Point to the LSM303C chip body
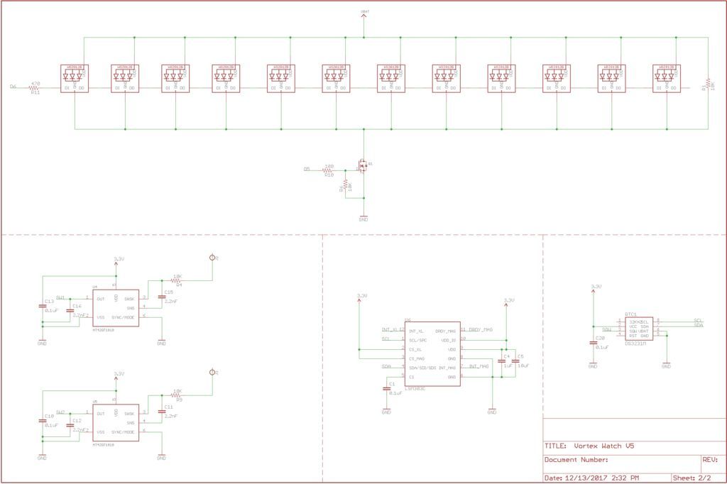click(432, 353)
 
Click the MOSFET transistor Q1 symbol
click(363, 167)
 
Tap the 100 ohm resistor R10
click(328, 170)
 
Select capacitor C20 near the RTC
click(594, 343)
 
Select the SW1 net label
click(60, 297)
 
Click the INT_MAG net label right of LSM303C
click(479, 367)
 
